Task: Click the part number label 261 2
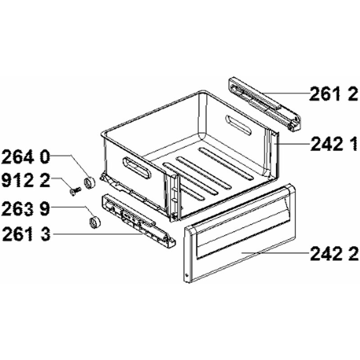point(333,94)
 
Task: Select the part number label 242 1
point(334,144)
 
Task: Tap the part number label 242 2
point(334,253)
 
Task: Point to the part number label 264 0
point(26,156)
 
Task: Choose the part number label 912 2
point(26,180)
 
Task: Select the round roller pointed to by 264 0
point(89,183)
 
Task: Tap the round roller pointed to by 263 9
point(94,222)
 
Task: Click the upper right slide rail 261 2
point(264,104)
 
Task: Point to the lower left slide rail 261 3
point(138,221)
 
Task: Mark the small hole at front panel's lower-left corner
point(186,274)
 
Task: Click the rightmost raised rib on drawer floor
point(226,163)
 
